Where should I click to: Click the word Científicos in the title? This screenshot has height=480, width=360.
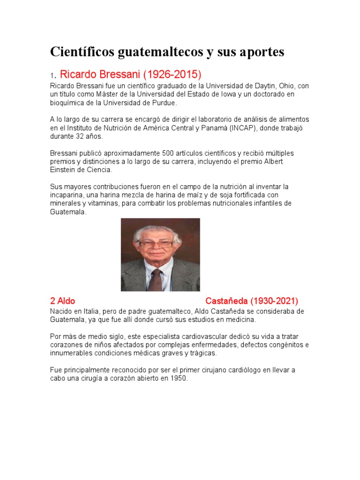click(x=82, y=52)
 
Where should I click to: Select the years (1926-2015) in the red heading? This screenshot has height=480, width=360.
click(x=172, y=74)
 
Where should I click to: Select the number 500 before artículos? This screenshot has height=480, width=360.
click(x=168, y=153)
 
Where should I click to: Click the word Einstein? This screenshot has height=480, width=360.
click(x=63, y=170)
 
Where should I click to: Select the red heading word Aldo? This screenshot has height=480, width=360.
click(x=66, y=301)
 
